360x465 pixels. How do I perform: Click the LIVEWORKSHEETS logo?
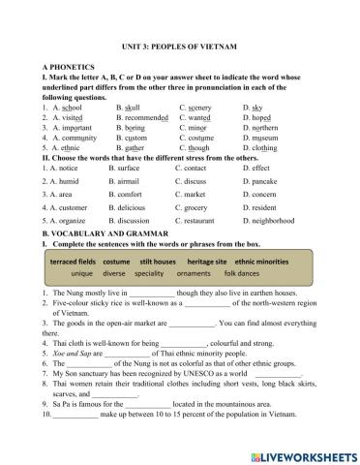(x=297, y=452)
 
